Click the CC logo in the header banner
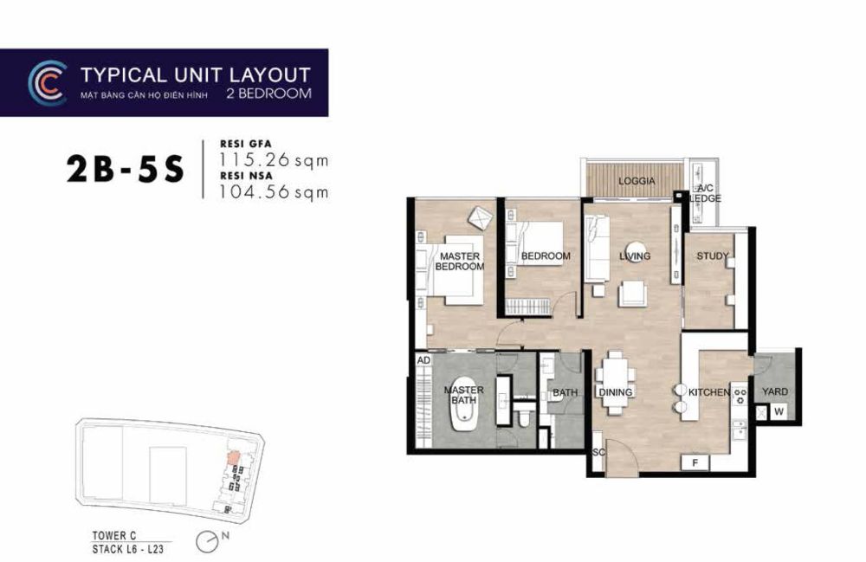click(48, 83)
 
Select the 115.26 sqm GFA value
click(274, 160)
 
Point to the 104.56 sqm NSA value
click(274, 192)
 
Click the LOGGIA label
click(637, 181)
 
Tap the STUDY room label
click(713, 256)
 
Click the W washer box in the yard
click(779, 412)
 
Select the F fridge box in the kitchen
click(695, 462)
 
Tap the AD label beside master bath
click(423, 360)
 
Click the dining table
click(615, 383)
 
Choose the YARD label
click(775, 391)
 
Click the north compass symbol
click(205, 541)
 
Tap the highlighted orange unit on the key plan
click(234, 458)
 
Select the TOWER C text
click(113, 535)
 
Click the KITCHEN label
click(709, 392)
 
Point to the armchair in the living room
click(631, 294)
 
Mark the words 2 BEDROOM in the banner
click(269, 94)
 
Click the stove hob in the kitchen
click(740, 394)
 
